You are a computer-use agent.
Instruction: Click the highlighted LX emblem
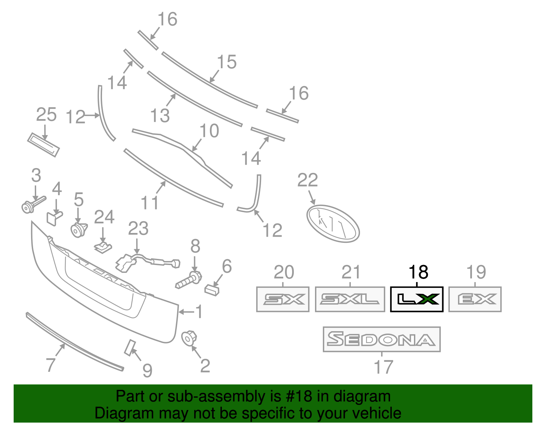coord(417,299)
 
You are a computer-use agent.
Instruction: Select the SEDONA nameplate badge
coord(382,339)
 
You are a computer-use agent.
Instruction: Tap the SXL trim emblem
coord(350,299)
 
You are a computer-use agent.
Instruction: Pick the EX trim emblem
coord(475,299)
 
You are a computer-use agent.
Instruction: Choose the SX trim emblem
coord(283,299)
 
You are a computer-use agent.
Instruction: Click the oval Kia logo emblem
coord(333,223)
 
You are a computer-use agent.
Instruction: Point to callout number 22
coord(307,180)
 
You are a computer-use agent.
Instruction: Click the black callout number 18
coord(418,272)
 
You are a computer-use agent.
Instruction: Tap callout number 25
coord(46,115)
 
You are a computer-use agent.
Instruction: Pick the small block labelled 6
coord(212,290)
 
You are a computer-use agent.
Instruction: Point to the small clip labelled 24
coord(103,247)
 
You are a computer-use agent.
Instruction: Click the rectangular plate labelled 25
coord(43,145)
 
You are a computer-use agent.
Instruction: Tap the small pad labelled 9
coord(130,348)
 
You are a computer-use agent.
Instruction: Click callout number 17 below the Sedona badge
coord(384,367)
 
